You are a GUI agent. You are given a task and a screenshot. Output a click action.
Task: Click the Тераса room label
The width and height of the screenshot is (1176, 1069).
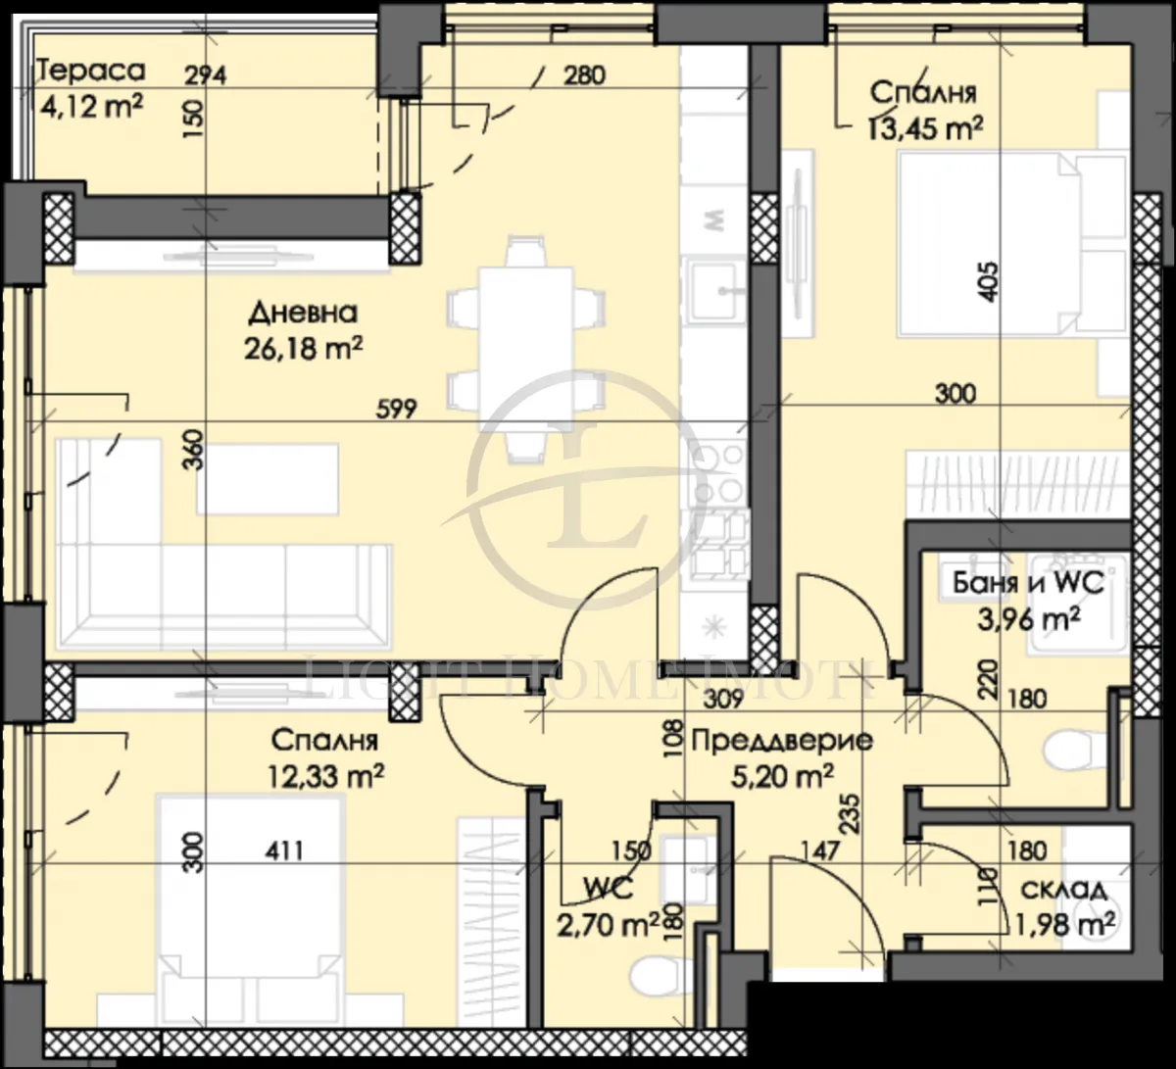coord(90,71)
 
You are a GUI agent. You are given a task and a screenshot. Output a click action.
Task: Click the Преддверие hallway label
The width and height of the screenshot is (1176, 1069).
coord(782,740)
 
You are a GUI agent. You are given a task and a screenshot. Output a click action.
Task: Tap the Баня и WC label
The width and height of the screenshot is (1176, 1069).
coord(1028,584)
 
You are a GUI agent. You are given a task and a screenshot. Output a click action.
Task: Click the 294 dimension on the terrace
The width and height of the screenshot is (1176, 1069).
coord(207,76)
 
